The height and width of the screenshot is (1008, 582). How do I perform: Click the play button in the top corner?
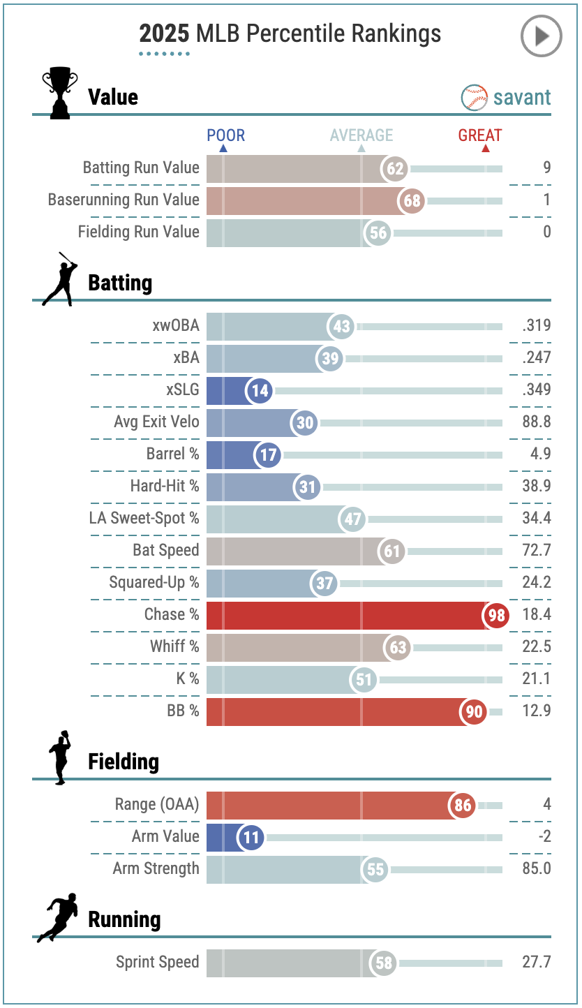pos(541,36)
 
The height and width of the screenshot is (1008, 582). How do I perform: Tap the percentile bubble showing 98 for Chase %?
pos(496,616)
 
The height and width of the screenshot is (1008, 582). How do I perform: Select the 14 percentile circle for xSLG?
pos(260,391)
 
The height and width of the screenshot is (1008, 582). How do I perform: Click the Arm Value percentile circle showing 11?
pos(251,836)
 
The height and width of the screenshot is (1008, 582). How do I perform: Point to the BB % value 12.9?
pos(537,712)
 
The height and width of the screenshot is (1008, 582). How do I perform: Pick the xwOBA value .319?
pos(536,325)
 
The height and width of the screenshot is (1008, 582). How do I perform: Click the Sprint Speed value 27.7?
pos(536,962)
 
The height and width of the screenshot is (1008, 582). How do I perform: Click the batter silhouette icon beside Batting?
pos(59,279)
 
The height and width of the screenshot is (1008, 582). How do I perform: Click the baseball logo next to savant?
pos(475,98)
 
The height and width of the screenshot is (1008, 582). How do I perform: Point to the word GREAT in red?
pos(480,135)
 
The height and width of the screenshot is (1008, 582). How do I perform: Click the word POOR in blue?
pos(226,135)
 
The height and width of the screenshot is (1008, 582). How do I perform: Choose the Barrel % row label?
pos(173,454)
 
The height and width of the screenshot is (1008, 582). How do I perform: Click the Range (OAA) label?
pos(157,804)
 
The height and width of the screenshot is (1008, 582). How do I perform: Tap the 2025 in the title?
pos(165,34)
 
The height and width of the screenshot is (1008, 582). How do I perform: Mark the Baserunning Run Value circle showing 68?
pos(412,201)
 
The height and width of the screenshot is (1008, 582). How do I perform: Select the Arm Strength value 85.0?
pos(536,868)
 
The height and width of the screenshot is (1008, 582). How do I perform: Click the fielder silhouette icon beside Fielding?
pos(60,757)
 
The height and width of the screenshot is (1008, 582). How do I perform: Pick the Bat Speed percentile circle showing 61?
pos(392,551)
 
